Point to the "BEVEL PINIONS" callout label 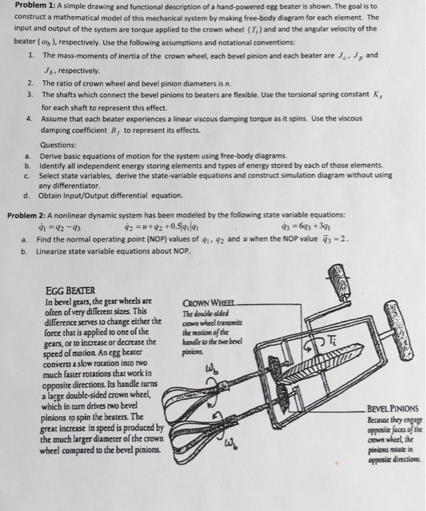click(393, 410)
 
